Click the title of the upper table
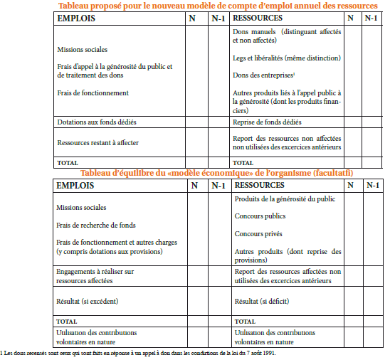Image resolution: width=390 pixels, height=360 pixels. point(219,6)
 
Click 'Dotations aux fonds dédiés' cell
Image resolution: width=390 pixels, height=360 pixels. point(97,122)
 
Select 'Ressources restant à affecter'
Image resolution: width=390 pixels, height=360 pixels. point(97,142)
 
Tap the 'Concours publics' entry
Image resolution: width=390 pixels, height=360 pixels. point(260,216)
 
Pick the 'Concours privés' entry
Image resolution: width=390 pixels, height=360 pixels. point(258,233)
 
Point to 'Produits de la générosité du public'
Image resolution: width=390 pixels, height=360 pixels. point(285,198)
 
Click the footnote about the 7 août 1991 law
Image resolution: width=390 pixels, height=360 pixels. point(139,352)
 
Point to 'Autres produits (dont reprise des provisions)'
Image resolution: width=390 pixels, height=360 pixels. point(287,255)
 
